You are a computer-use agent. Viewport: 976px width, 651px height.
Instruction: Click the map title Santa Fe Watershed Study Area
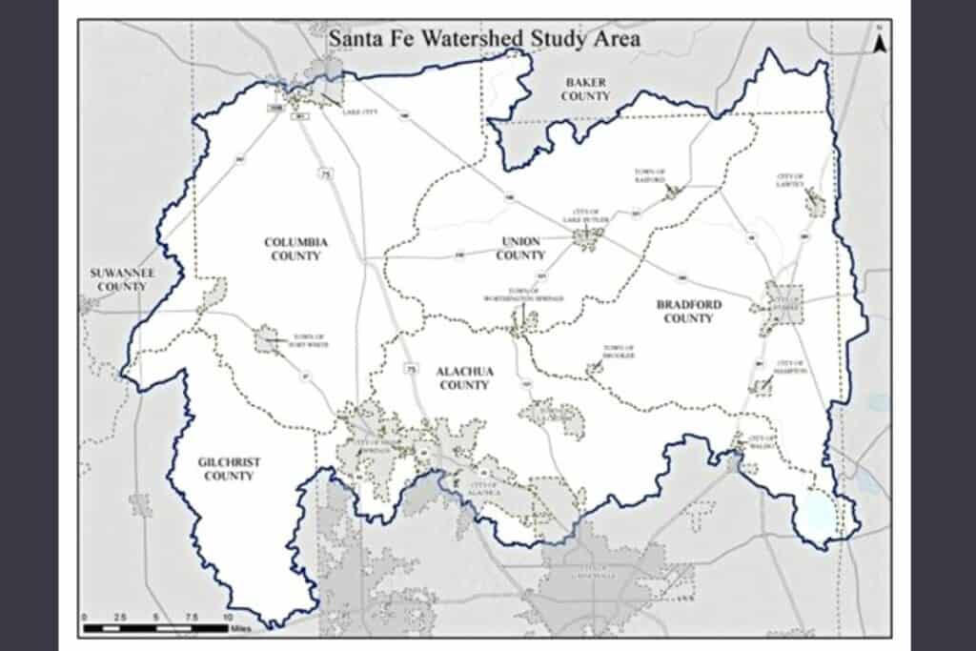483,39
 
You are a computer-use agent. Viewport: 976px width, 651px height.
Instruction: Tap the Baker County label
585,90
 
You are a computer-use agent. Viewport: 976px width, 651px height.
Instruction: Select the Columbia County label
295,249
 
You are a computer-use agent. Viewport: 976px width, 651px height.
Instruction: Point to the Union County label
520,248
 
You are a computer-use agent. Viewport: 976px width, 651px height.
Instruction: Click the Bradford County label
688,311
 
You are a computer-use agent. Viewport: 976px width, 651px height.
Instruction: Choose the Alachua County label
462,377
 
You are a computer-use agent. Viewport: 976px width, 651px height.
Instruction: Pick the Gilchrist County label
229,469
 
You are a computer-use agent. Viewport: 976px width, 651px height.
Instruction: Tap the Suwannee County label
122,279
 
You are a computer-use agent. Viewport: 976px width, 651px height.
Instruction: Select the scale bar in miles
156,626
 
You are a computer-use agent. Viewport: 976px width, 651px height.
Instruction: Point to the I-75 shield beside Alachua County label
411,367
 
